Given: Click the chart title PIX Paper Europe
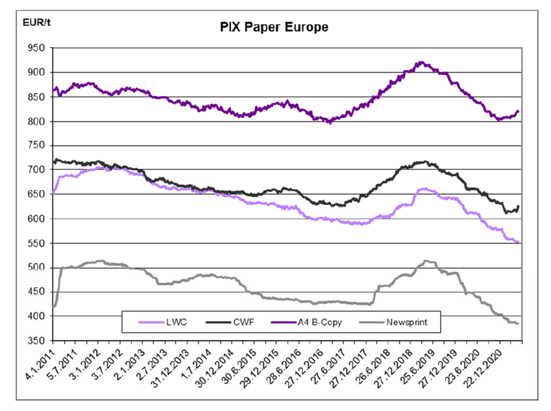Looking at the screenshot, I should (x=273, y=27).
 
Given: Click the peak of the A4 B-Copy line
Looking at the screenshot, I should (x=421, y=63).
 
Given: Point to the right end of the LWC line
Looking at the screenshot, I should (x=518, y=243).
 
